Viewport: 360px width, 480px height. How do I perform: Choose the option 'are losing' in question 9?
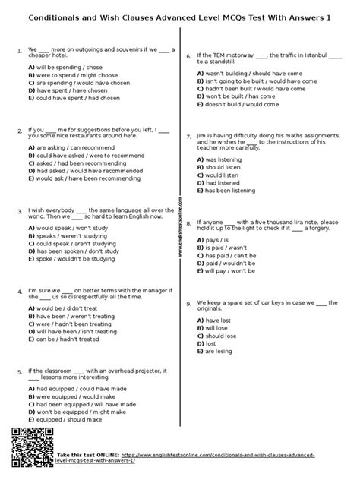218,352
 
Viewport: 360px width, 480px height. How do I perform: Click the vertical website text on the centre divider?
179,227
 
